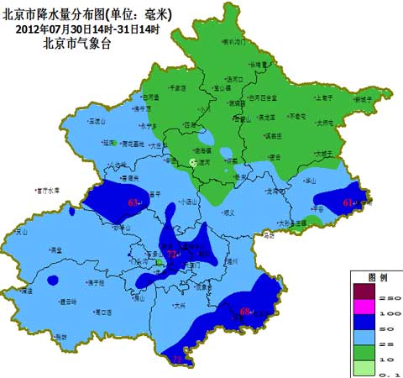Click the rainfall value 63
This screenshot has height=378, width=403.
point(133,203)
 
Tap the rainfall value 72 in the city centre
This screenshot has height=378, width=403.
point(171,253)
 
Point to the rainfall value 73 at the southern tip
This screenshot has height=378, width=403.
point(177,359)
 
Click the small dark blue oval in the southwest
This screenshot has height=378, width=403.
point(53,280)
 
